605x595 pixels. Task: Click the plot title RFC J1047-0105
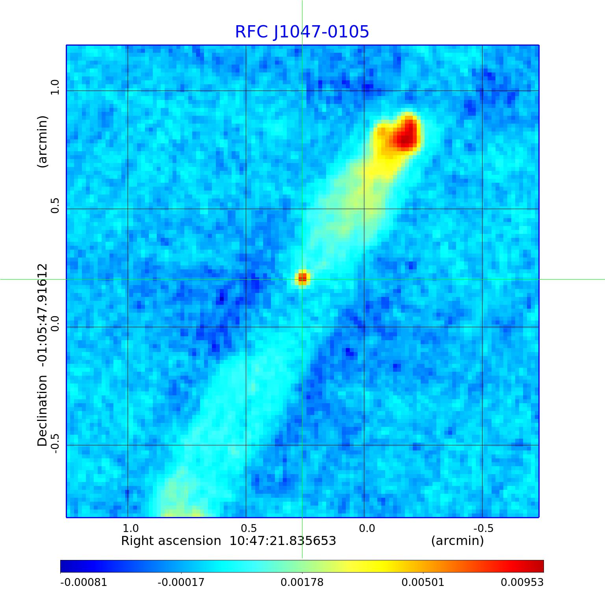click(x=302, y=32)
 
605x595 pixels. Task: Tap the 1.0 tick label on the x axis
click(x=130, y=528)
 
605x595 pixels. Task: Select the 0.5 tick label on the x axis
click(x=249, y=528)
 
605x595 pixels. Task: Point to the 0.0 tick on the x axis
click(x=367, y=528)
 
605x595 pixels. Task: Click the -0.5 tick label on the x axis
click(x=483, y=528)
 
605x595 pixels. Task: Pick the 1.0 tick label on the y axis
click(x=54, y=87)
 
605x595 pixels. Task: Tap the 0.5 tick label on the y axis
click(x=54, y=206)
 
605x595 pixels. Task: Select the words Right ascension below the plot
click(x=171, y=541)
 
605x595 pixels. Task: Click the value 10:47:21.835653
click(x=283, y=541)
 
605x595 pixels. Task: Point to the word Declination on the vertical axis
click(x=42, y=411)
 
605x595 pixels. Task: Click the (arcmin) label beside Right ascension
click(x=457, y=541)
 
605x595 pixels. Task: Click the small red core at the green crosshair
click(x=302, y=278)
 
